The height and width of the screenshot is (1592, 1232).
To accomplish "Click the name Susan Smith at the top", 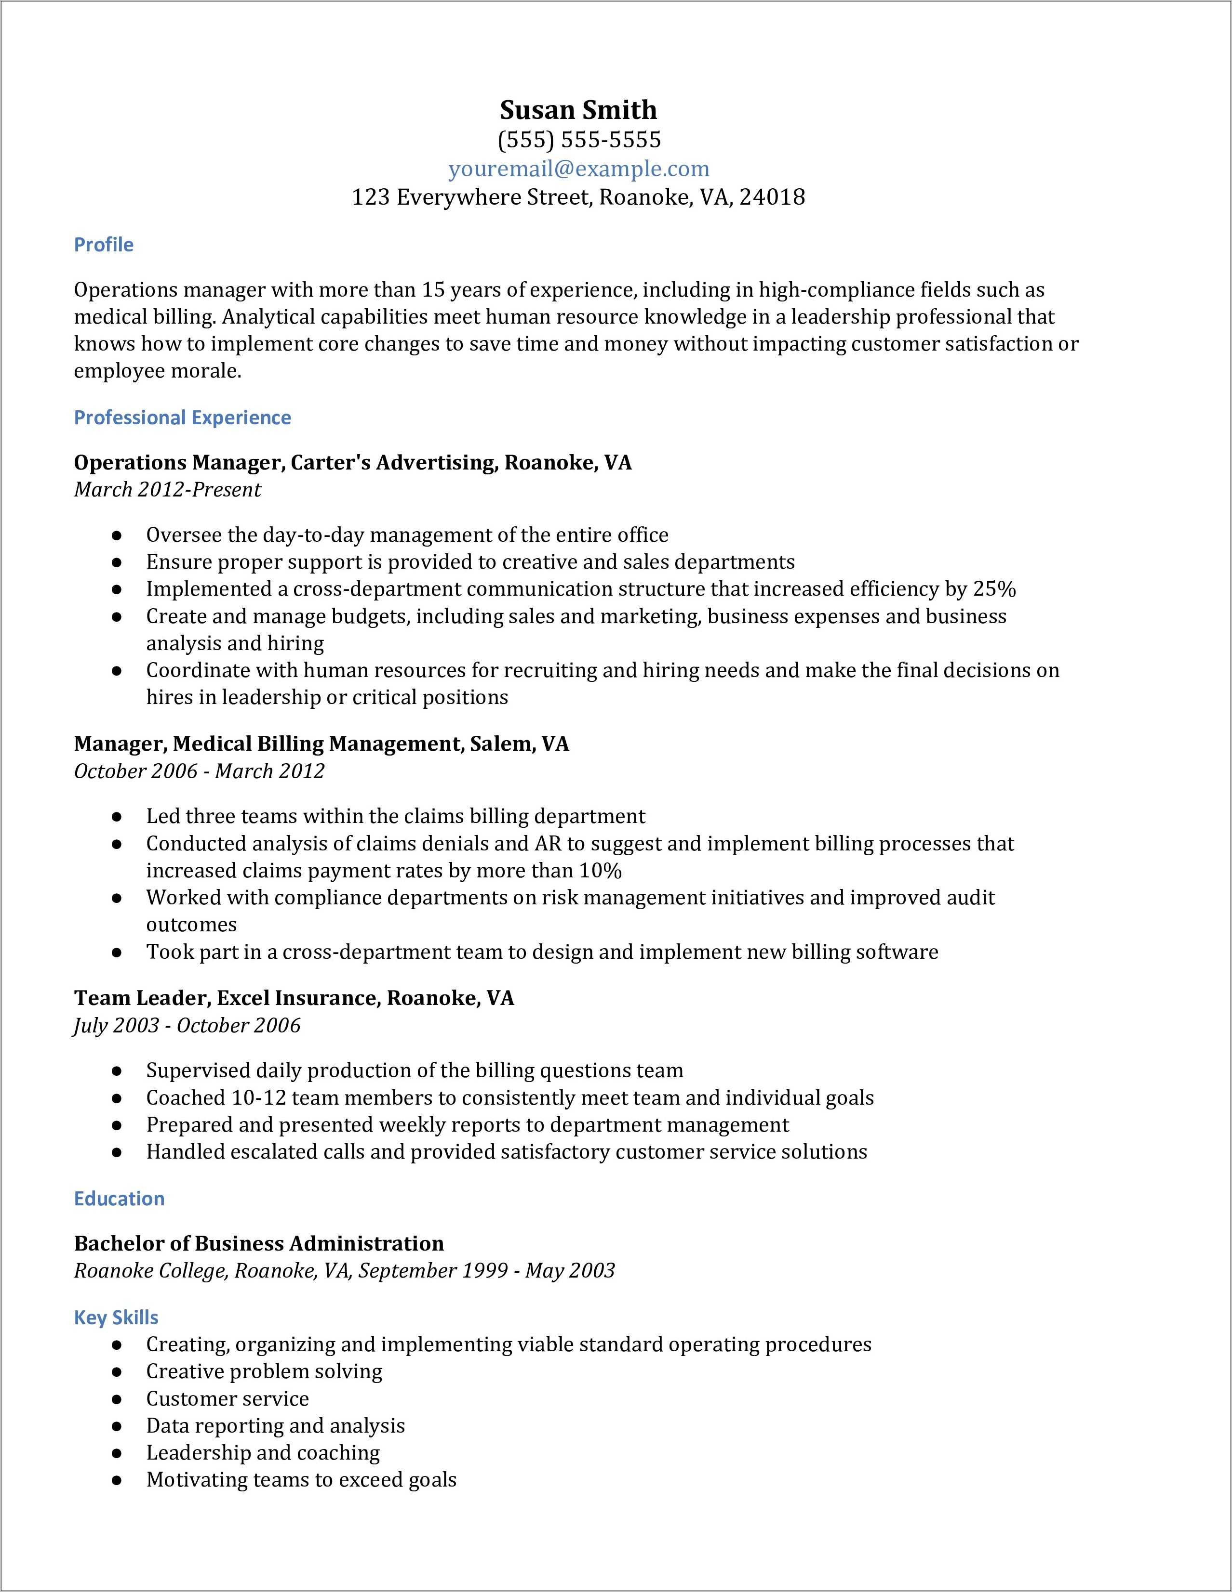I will (x=578, y=110).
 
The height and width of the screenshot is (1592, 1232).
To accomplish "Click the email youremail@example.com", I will (x=578, y=169).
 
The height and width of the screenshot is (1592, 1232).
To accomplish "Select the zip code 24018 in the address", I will (x=772, y=197).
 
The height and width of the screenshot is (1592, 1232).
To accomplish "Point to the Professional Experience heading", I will (x=182, y=417).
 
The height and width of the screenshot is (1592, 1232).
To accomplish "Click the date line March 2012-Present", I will (x=167, y=489).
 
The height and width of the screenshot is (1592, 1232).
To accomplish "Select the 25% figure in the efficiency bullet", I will (x=994, y=589).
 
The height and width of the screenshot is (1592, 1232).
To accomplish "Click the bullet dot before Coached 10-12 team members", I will (x=116, y=1098).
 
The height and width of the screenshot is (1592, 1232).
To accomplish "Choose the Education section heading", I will (x=119, y=1199).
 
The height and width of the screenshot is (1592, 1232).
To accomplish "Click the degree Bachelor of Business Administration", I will (x=259, y=1243).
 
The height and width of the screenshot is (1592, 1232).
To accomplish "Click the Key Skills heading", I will (x=116, y=1317).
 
